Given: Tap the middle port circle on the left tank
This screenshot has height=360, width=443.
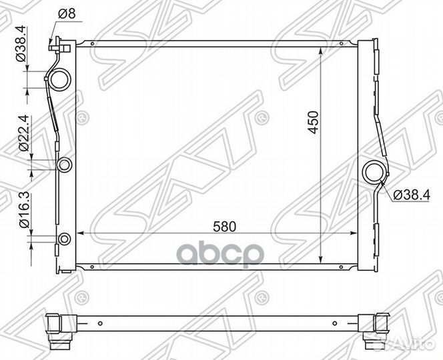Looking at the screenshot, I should point(65,165).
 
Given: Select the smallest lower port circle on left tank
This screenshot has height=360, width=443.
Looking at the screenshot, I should point(65,239).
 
